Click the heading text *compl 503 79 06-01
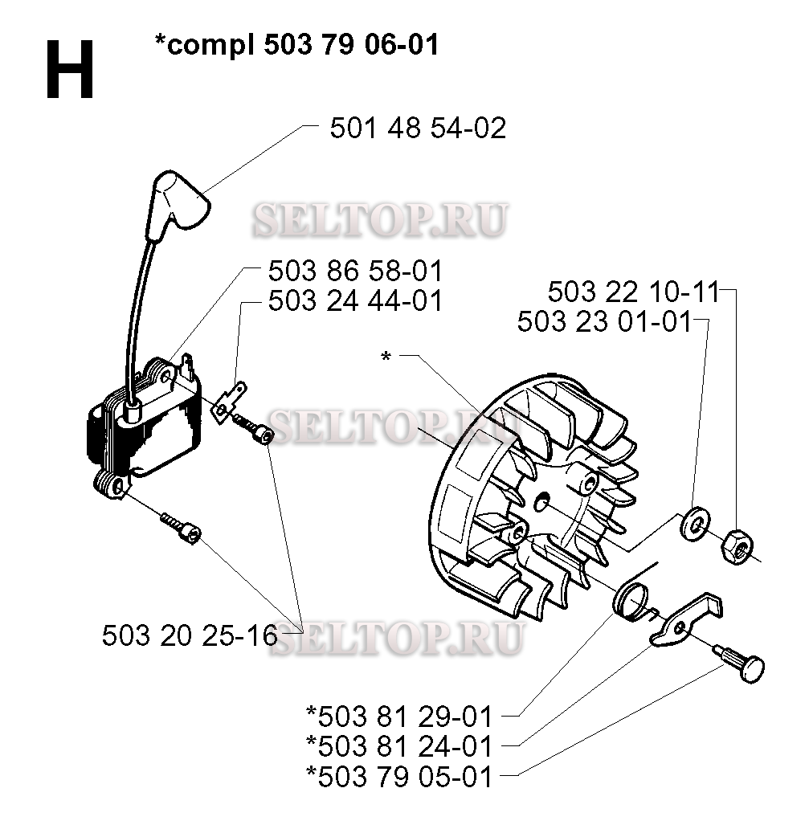(x=297, y=46)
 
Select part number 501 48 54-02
(x=418, y=128)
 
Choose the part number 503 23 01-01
(x=604, y=322)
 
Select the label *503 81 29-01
(x=399, y=714)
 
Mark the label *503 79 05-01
(x=399, y=777)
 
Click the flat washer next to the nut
(x=693, y=522)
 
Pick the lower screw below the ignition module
(x=182, y=528)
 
